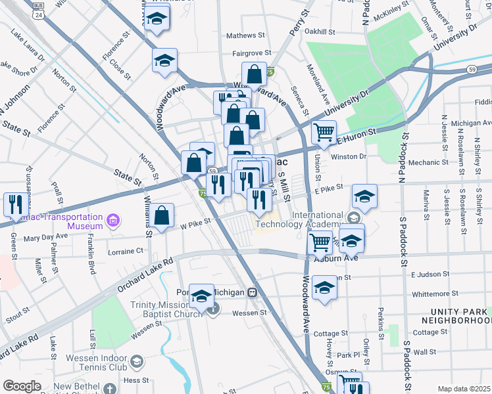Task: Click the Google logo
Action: pyautogui.click(x=22, y=386)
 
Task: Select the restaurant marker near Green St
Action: pyautogui.click(x=14, y=204)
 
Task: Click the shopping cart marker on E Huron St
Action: pyautogui.click(x=324, y=133)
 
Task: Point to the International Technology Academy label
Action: pyautogui.click(x=299, y=219)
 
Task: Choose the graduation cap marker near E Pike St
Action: pyautogui.click(x=364, y=196)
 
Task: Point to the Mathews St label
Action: pyautogui.click(x=245, y=35)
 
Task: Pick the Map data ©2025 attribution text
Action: pyautogui.click(x=464, y=389)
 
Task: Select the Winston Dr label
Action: pyautogui.click(x=349, y=156)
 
